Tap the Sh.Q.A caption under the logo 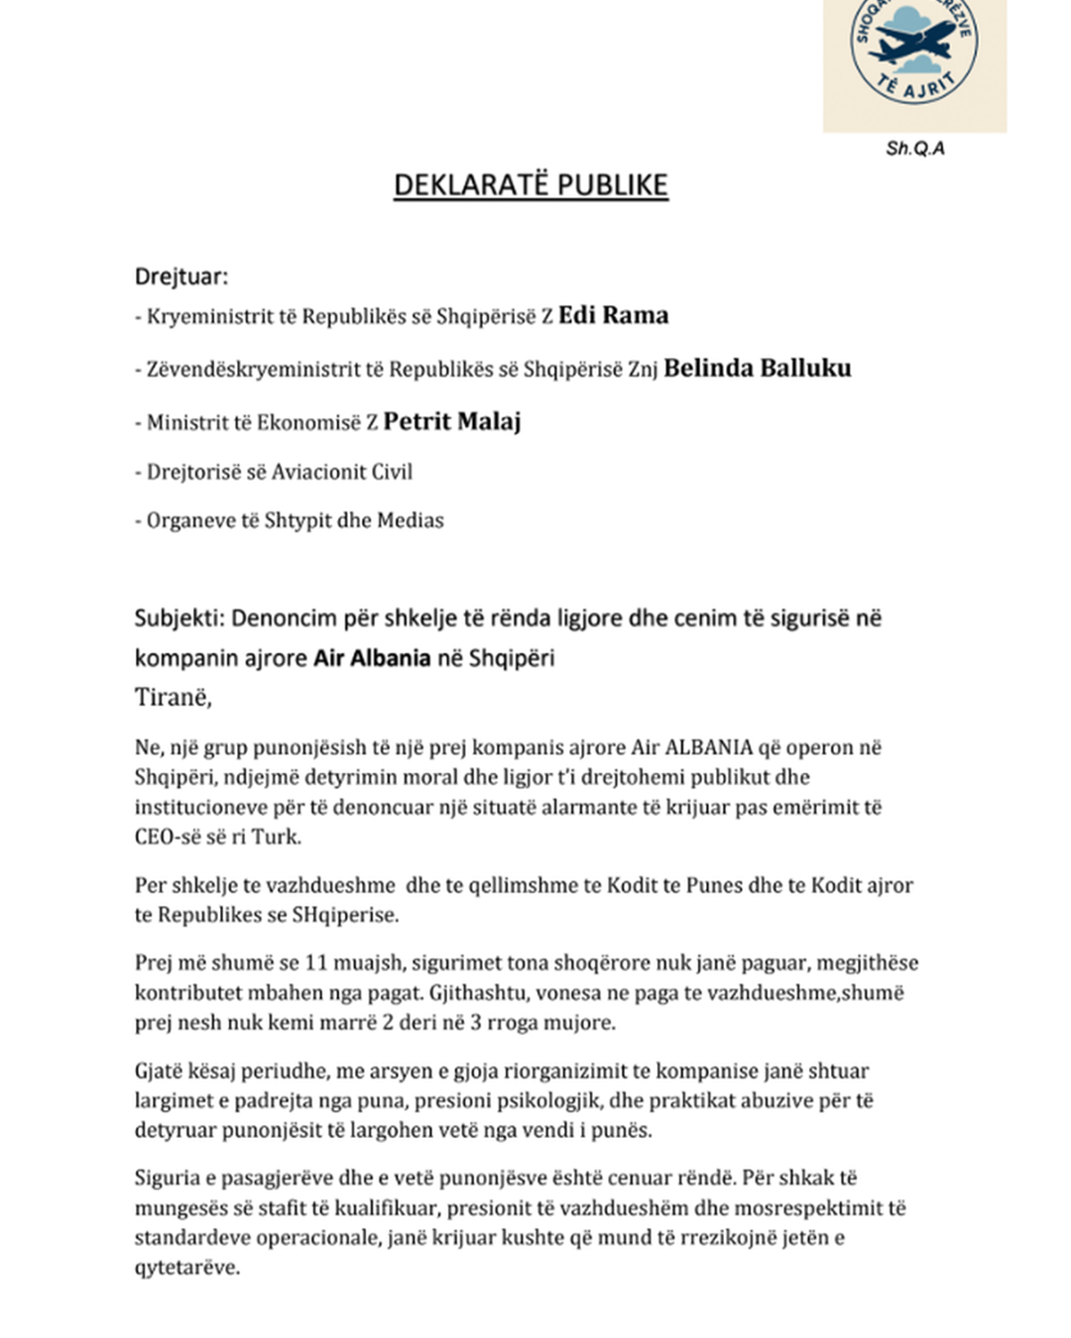point(914,149)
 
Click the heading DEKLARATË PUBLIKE point(531,185)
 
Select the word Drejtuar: point(181,277)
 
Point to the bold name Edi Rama point(613,315)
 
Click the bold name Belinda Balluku point(757,369)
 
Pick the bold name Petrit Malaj point(451,421)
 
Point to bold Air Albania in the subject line point(372,658)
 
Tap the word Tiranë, point(174,697)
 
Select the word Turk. point(276,836)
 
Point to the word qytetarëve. point(186,1267)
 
